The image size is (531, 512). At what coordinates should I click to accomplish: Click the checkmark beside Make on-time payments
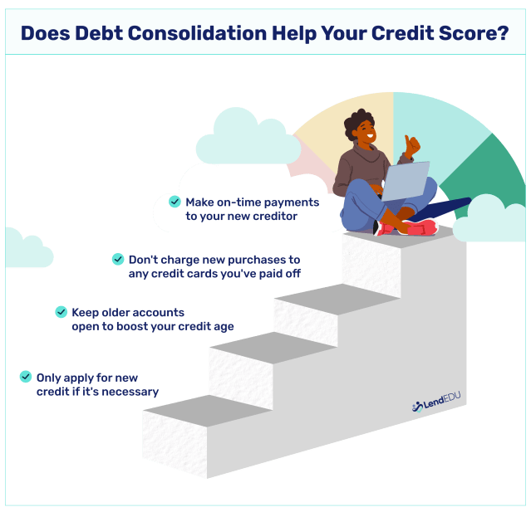click(175, 202)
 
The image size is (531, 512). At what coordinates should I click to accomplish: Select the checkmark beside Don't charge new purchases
click(118, 260)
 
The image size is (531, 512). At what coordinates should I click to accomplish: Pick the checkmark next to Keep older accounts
click(61, 312)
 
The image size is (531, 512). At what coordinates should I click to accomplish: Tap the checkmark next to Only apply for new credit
click(26, 378)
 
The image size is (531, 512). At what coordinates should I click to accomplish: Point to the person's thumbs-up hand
click(411, 147)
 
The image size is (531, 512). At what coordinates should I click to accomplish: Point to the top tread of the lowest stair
click(208, 408)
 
